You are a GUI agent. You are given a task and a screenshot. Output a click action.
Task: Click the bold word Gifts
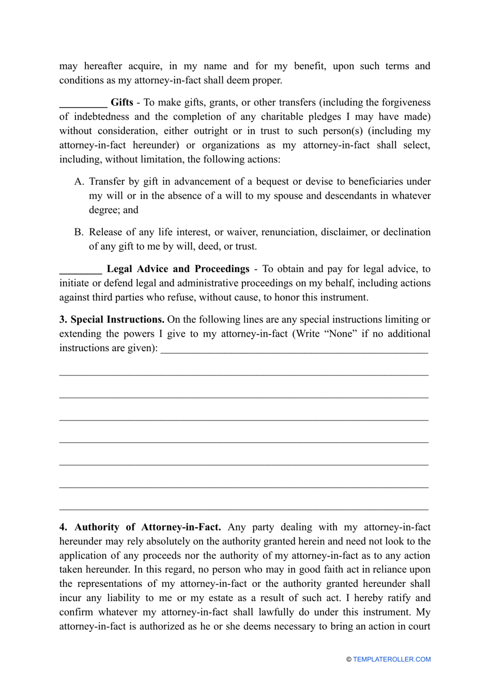coord(122,102)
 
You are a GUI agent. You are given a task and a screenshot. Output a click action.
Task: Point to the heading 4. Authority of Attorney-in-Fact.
coord(140,527)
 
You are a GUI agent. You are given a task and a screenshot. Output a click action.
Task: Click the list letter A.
coord(79,182)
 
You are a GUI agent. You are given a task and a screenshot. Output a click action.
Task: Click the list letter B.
coord(79,232)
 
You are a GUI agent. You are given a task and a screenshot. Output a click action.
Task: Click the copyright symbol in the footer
coord(349,659)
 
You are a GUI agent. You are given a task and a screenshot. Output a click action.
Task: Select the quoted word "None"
coord(341,334)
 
